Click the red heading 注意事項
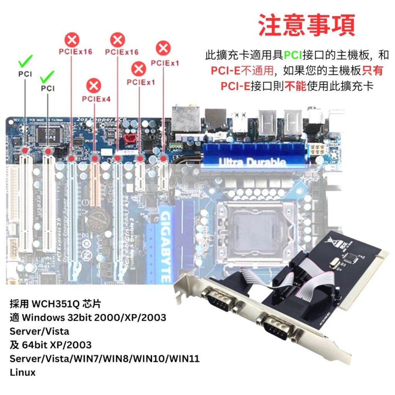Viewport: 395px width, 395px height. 306,25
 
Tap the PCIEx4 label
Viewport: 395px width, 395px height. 96,99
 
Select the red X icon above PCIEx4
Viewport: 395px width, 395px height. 94,85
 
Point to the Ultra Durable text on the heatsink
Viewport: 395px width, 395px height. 253,162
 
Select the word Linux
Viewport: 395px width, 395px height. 22,372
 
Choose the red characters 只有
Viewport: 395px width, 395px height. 373,71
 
